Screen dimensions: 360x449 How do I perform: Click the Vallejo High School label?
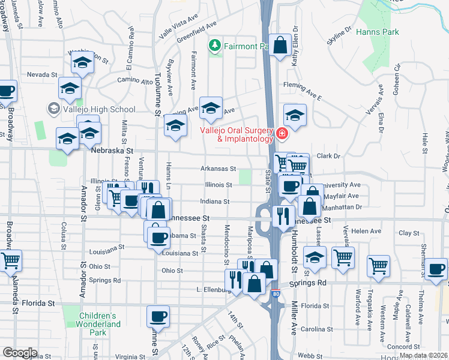pos(98,109)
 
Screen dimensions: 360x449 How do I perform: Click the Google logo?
pos(20,353)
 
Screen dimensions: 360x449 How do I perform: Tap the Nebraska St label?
pos(111,153)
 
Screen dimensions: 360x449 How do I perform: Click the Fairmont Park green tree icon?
pos(215,46)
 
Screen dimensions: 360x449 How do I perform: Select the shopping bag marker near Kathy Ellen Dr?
pos(280,45)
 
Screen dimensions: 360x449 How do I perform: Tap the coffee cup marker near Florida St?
pos(158,316)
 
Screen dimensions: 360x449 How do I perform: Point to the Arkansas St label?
pos(218,169)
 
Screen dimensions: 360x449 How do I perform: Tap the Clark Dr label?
pos(328,156)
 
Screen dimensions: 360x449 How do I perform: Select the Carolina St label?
pos(316,329)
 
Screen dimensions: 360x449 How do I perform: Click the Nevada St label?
pos(42,75)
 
